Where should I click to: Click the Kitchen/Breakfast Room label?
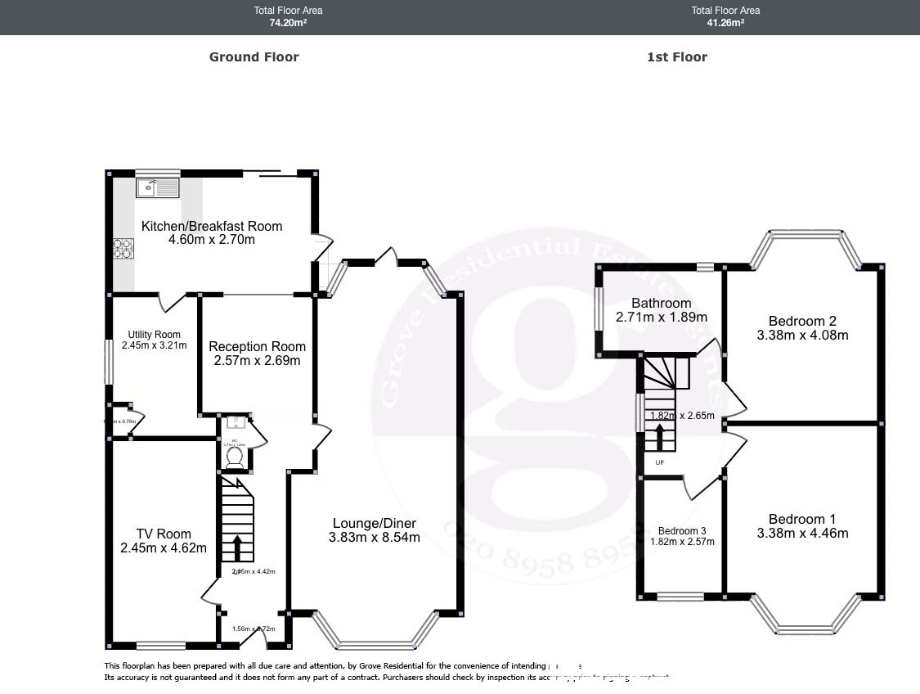(212, 226)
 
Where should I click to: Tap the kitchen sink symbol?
(156, 188)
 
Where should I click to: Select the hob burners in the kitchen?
(123, 248)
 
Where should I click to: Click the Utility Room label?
(154, 334)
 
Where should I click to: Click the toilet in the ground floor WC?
(234, 458)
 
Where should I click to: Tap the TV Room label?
(164, 534)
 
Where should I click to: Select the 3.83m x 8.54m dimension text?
(375, 538)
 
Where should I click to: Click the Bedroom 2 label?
(802, 321)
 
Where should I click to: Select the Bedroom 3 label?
(682, 530)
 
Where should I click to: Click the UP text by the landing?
(660, 462)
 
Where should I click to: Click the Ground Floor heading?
(254, 56)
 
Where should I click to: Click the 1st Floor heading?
(676, 56)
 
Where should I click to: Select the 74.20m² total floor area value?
(288, 23)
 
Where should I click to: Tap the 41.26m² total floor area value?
(725, 23)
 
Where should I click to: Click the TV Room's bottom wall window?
(160, 644)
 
